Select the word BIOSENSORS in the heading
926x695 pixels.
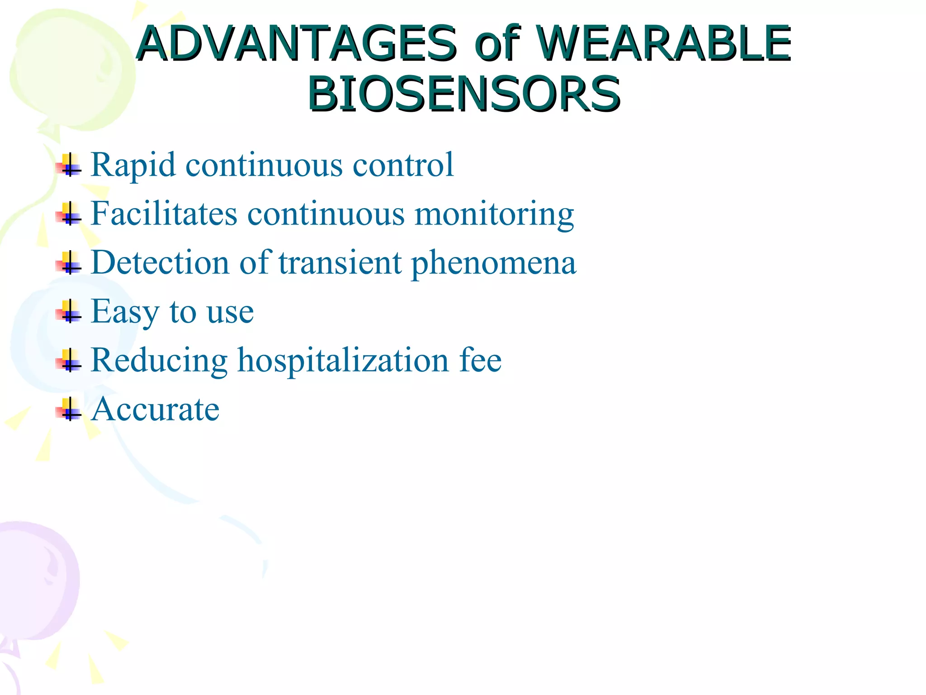click(464, 94)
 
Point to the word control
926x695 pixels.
click(403, 165)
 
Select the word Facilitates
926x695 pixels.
click(164, 214)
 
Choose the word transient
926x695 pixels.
click(340, 262)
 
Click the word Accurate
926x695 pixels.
click(155, 409)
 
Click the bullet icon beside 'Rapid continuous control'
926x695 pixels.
click(69, 166)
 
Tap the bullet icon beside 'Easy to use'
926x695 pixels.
click(69, 312)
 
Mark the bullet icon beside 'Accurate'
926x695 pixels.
click(69, 409)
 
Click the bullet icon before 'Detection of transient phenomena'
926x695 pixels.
click(69, 263)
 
